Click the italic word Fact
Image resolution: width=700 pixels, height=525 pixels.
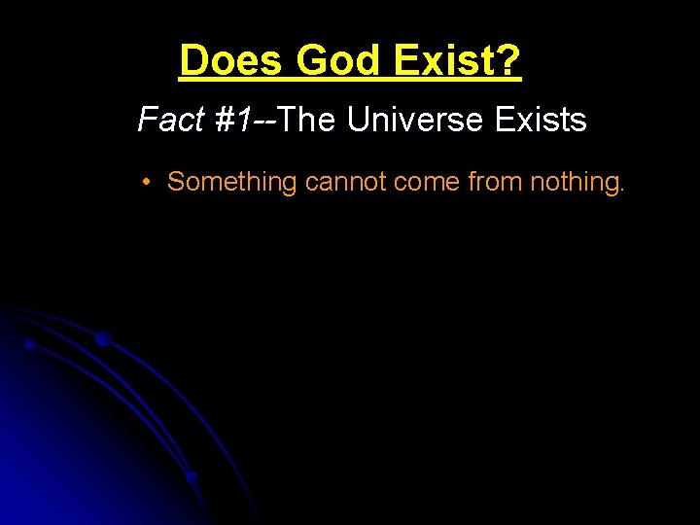[170, 120]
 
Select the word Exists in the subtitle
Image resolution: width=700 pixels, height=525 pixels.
[541, 120]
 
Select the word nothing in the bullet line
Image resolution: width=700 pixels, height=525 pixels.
[574, 182]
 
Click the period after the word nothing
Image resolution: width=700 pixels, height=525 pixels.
[620, 189]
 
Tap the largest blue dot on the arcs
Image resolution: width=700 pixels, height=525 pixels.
[102, 338]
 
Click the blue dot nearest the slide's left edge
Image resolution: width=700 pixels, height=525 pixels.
[30, 343]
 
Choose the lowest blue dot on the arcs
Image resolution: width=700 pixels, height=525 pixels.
[192, 476]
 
